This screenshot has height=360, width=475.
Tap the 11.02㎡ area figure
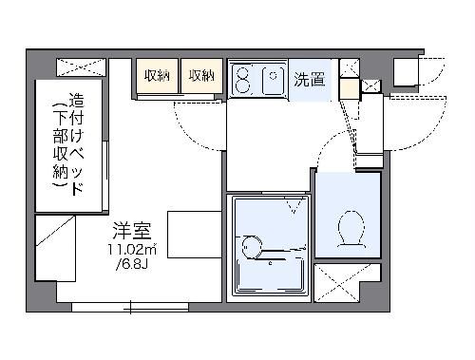pyautogui.click(x=131, y=249)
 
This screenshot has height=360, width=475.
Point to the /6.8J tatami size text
pyautogui.click(x=130, y=264)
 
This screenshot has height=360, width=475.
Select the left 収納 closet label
pyautogui.click(x=157, y=76)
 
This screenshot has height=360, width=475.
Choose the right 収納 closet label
pyautogui.click(x=200, y=76)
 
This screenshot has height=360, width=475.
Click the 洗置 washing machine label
pyautogui.click(x=309, y=79)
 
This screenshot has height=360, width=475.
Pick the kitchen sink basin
pyautogui.click(x=272, y=79)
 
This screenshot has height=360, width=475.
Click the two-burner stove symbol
pyautogui.click(x=243, y=79)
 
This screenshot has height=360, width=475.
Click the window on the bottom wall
pyautogui.click(x=130, y=306)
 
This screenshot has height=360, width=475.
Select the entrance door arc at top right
pyautogui.click(x=432, y=81)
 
